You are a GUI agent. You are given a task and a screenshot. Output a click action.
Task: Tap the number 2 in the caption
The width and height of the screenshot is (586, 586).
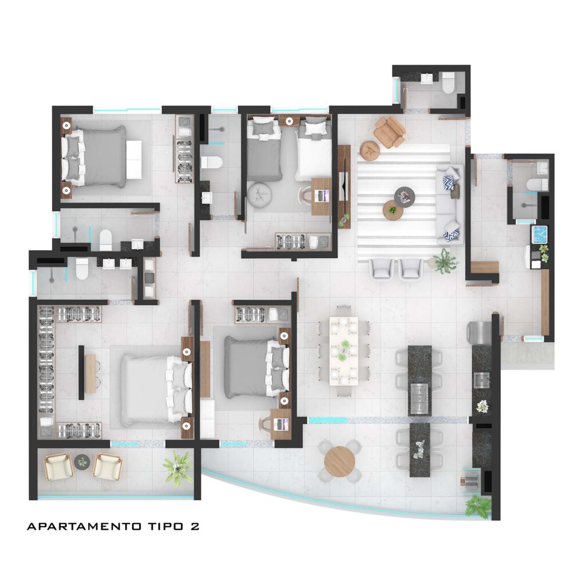tap(195, 526)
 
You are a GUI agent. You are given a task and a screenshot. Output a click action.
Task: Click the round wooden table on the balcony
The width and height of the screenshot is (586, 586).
tap(339, 462)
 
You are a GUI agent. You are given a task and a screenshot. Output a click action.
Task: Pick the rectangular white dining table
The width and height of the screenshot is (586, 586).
tap(343, 351)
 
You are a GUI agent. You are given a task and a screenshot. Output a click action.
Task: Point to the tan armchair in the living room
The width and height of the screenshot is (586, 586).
tap(390, 132)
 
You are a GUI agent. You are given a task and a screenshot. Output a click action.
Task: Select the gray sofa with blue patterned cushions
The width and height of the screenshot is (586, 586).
tap(450, 204)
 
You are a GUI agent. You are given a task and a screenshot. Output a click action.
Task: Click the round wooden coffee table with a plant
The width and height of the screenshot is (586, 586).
tap(393, 210)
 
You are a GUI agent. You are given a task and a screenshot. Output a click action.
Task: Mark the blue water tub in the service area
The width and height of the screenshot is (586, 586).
tap(540, 234)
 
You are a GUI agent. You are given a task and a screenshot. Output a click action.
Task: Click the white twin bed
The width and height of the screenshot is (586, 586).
tap(314, 150)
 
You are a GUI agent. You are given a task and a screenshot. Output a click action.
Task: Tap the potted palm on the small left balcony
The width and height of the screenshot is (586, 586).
tap(177, 466)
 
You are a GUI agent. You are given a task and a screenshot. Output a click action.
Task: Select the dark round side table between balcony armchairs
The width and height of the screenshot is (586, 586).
tap(82, 461)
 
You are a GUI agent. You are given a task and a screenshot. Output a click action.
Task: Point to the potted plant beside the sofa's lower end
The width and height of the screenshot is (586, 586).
tap(445, 261)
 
